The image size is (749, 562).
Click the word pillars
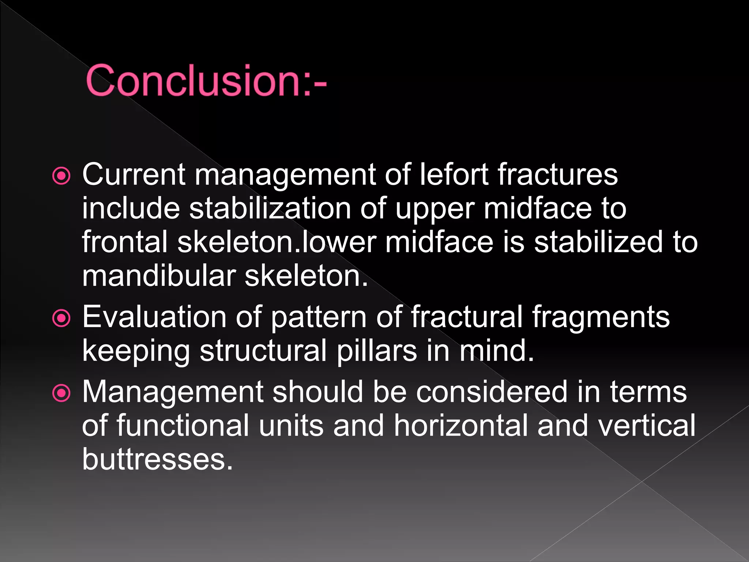click(377, 351)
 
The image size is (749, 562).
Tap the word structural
click(263, 351)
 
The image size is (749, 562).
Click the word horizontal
click(461, 425)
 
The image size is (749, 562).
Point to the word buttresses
click(157, 459)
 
